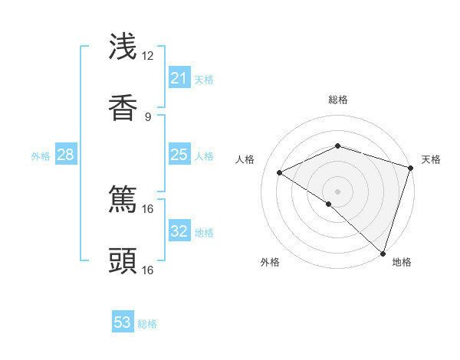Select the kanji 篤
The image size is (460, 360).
coord(123,198)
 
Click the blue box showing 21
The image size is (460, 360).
coord(179,78)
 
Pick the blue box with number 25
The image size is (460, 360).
coord(179,155)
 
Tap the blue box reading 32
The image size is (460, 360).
coord(179,231)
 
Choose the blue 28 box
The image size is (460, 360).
coord(65,155)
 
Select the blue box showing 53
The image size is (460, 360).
coord(123,322)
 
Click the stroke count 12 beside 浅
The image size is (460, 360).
coord(147,55)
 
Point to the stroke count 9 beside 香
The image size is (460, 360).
coord(147,116)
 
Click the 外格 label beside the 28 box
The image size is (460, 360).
coord(41,155)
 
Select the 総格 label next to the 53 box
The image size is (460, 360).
coord(147,323)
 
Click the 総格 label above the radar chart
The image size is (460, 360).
coord(337,100)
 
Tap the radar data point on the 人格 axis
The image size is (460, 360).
coord(280,172)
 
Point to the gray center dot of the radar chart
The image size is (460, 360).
coord(337,191)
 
